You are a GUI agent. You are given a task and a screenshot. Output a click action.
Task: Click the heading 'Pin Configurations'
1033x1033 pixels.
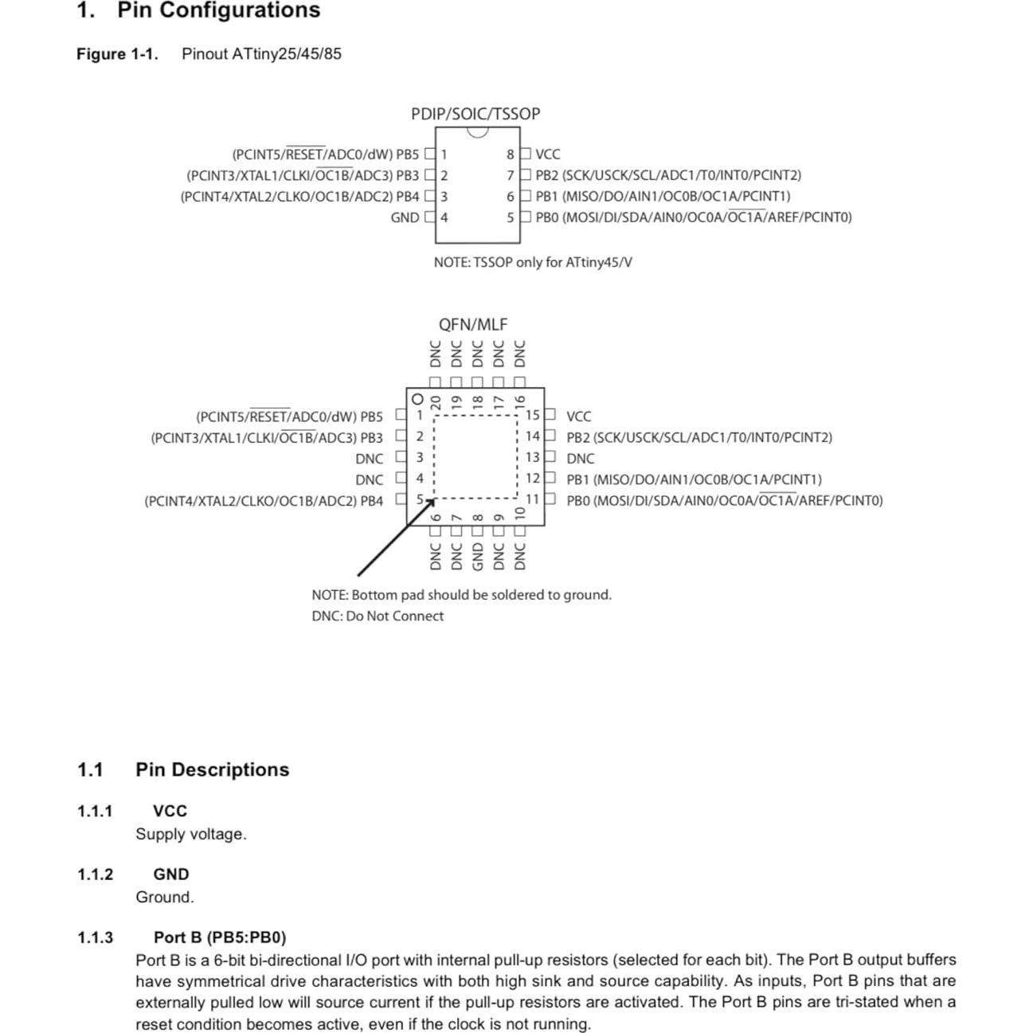coord(218,10)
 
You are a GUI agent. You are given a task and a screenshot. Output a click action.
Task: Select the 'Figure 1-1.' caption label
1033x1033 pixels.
coord(117,54)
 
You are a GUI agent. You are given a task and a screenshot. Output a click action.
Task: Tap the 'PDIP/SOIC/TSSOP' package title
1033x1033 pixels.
coord(475,114)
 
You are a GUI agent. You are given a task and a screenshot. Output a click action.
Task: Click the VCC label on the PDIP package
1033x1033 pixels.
coord(548,155)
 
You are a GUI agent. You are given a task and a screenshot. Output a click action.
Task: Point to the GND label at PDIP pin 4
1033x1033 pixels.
coord(405,217)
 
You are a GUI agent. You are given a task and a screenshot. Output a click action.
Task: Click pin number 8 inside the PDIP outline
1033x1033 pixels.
coord(511,155)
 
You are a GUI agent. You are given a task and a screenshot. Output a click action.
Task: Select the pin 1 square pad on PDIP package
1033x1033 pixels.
coord(431,154)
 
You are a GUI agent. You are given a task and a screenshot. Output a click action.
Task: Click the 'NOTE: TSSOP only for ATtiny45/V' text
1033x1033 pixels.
coord(533,262)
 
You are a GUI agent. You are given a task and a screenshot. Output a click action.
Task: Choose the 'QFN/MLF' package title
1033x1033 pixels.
coord(473,324)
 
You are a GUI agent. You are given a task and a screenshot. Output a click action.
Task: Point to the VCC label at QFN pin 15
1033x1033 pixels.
coord(579,417)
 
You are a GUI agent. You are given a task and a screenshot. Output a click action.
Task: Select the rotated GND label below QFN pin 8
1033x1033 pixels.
coord(478,556)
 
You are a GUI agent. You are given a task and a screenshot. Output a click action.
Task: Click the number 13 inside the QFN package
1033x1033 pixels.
coord(532,457)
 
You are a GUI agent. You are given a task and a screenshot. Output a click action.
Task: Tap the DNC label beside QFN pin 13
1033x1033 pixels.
coord(581,459)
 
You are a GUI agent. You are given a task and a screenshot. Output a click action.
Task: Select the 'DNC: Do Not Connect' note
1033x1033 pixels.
coord(378,616)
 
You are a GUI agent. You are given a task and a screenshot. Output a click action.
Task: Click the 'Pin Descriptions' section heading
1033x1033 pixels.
coord(212,769)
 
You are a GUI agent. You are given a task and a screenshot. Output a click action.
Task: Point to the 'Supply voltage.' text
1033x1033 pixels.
coord(191,834)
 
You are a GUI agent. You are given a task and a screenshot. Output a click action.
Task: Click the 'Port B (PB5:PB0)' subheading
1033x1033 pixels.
coord(220,937)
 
